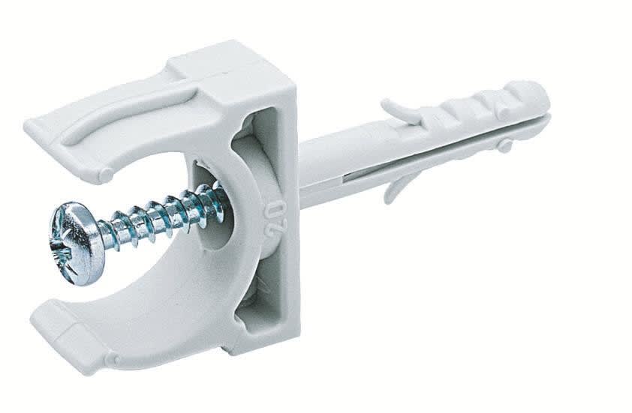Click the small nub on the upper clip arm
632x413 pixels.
click(x=106, y=175)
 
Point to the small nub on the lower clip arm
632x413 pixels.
click(x=113, y=360)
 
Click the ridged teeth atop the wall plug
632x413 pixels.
click(x=480, y=105)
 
